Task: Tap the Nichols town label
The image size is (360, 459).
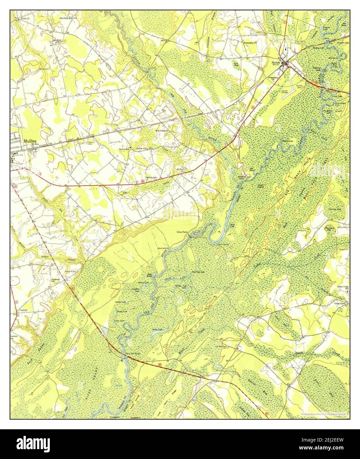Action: (x=276, y=62)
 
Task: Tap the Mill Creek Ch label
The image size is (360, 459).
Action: (x=162, y=131)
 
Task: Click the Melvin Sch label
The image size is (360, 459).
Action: (x=159, y=178)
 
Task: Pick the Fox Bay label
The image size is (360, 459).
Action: (x=236, y=64)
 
